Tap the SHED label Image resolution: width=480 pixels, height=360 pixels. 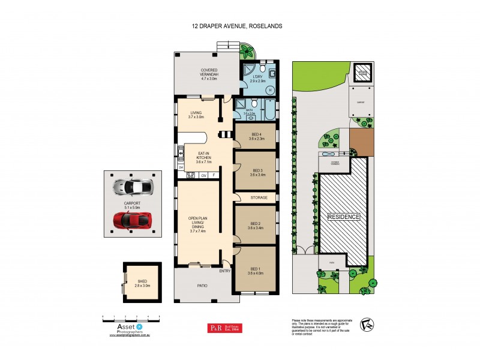tap(142, 282)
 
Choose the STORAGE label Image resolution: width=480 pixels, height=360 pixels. tap(259, 197)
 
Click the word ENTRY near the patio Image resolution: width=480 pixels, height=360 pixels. tap(225, 271)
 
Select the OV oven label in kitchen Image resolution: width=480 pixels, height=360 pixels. tap(204, 176)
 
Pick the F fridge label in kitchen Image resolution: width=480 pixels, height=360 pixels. tap(214, 176)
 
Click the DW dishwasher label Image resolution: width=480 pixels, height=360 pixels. tap(180, 167)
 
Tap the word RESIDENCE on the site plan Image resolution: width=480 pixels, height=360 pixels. tap(344, 217)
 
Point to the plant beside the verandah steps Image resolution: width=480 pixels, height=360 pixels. tap(247, 52)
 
